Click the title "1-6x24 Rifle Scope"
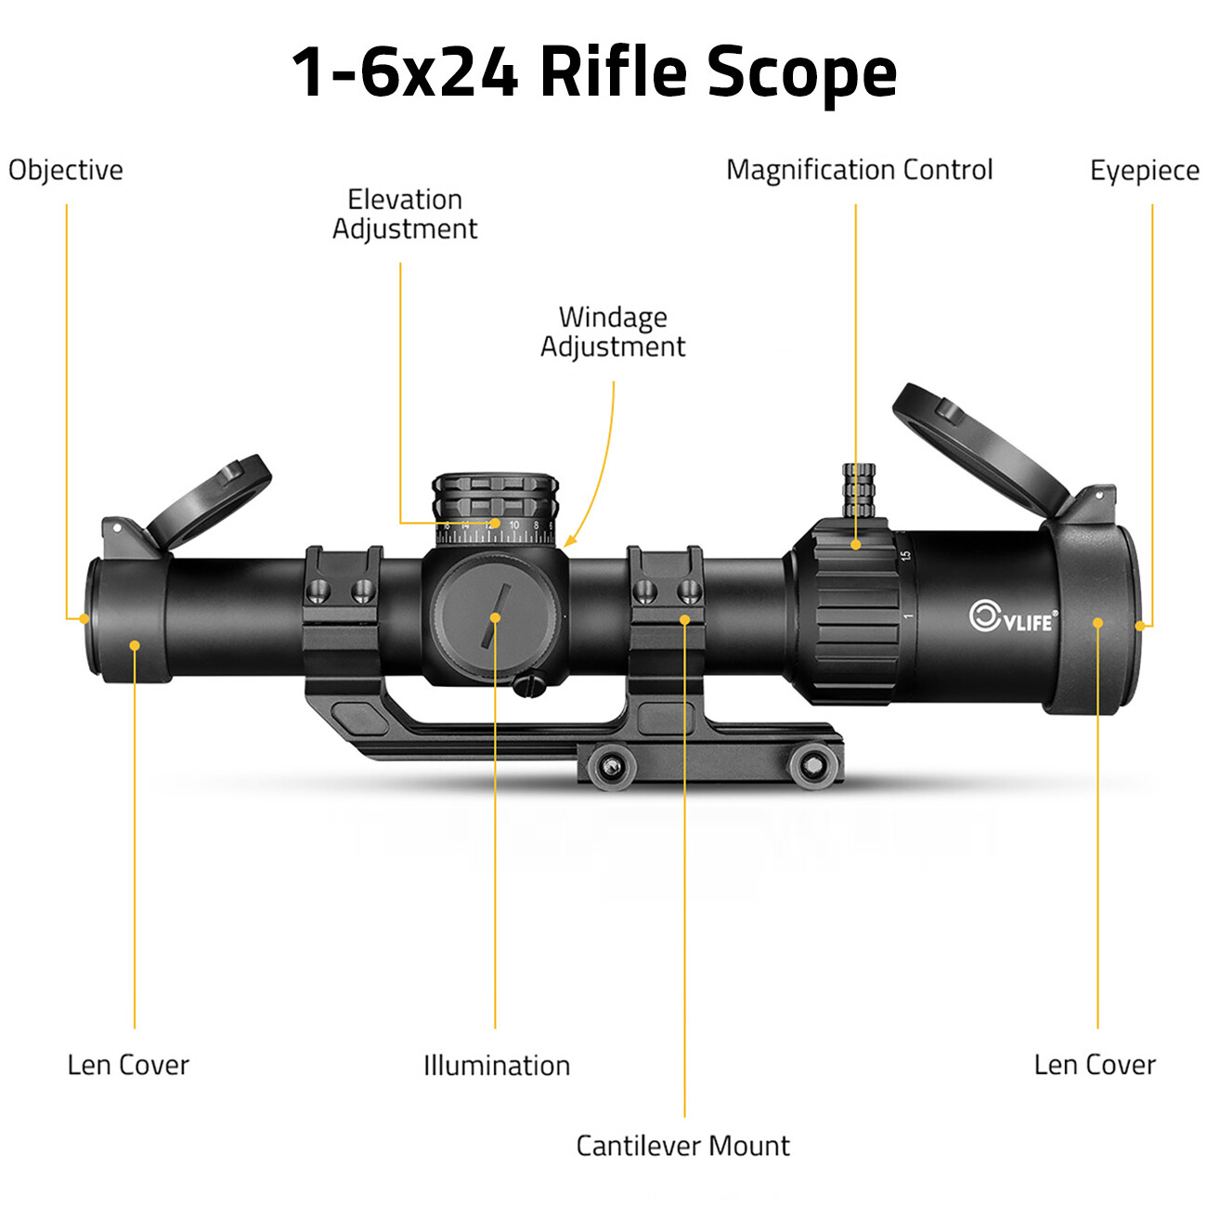pos(594,72)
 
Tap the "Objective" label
pos(66,170)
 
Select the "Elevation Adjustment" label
pos(405,214)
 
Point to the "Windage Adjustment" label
pos(613,331)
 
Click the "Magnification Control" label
pos(859,170)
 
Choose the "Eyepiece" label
pos(1144,171)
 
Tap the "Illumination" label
pos(497,1065)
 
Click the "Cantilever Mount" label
pos(682,1146)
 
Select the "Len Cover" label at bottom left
pos(128,1065)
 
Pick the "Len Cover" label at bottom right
pos(1095,1065)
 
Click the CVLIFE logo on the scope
pos(1012,617)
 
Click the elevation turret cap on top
pos(495,496)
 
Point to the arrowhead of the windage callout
pos(568,542)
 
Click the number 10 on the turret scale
pos(513,526)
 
